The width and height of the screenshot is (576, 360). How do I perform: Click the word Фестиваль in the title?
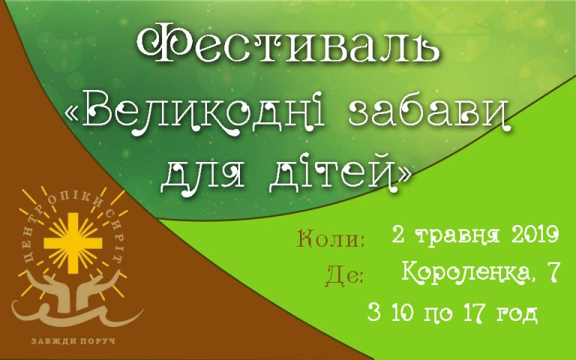(x=289, y=46)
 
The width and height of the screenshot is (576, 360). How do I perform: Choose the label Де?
(x=346, y=276)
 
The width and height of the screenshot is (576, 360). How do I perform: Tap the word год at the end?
(x=515, y=313)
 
